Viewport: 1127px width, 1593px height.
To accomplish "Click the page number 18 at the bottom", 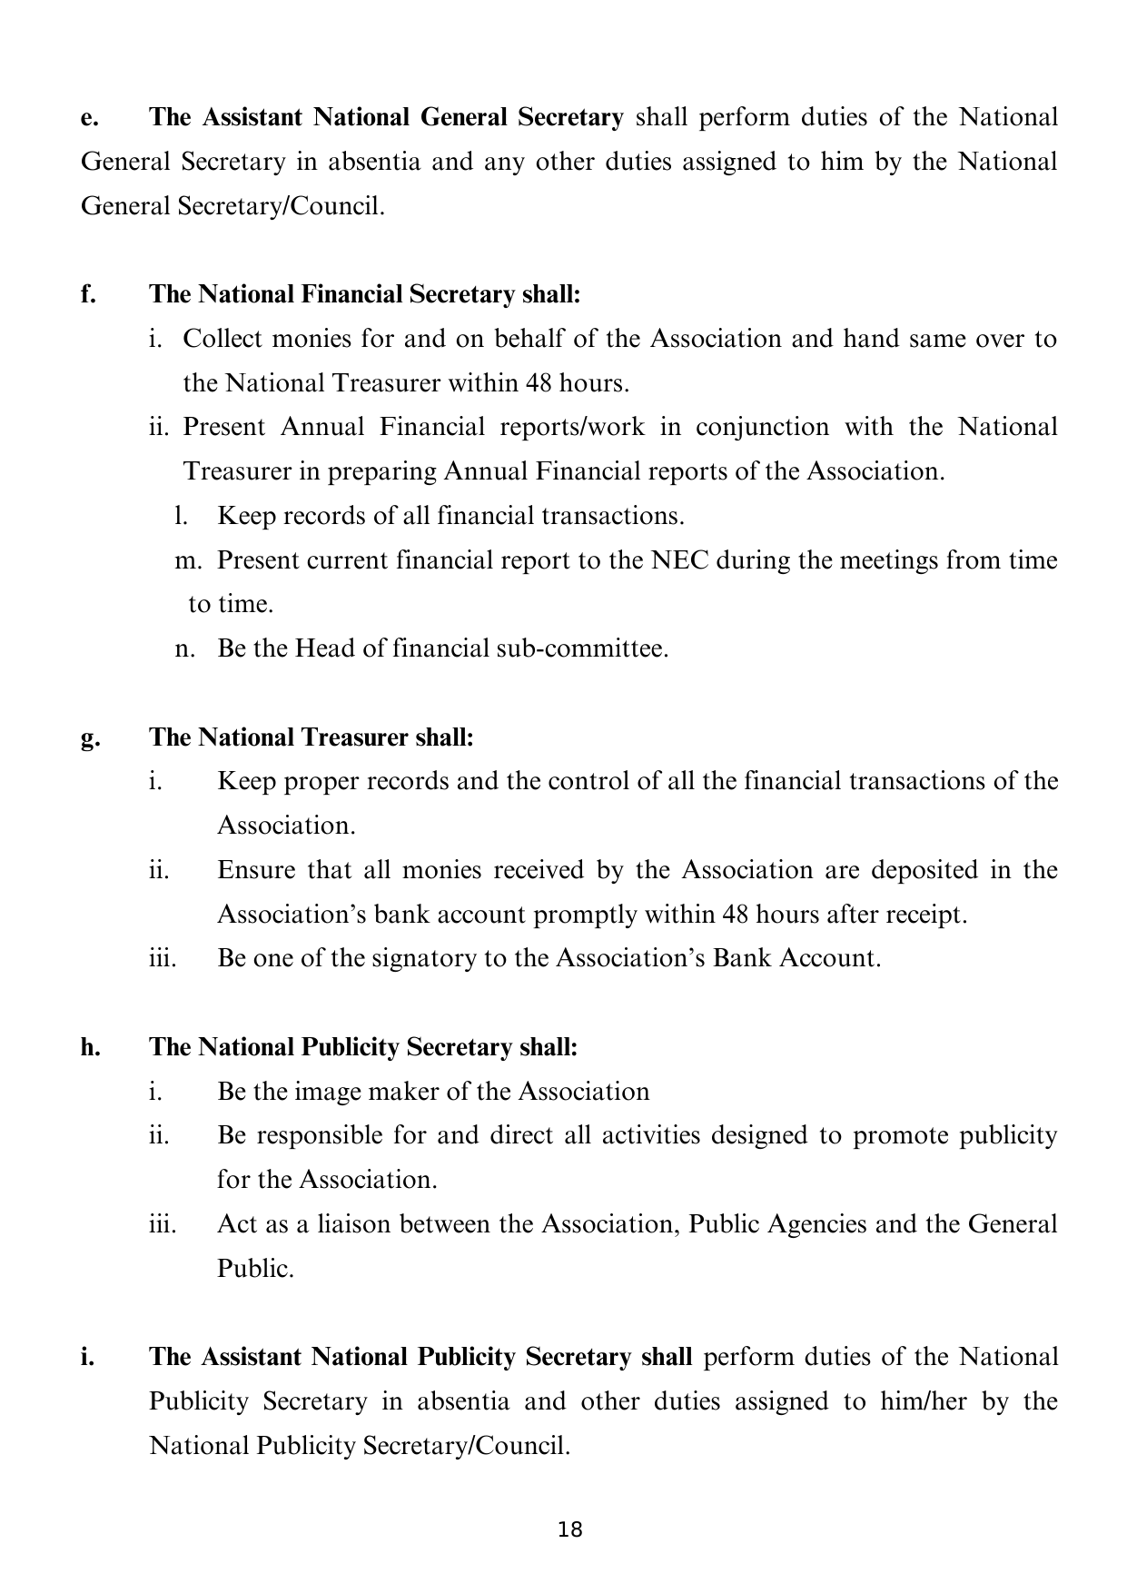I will tap(570, 1529).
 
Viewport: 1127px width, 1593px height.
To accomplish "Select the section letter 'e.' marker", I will tap(89, 118).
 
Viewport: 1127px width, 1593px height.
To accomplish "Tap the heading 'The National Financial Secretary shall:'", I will tap(364, 294).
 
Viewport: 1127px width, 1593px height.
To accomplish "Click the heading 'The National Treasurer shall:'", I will tap(311, 737).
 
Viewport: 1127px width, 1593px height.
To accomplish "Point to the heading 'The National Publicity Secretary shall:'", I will tap(363, 1047).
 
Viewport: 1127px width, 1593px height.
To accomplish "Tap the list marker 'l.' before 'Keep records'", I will tap(181, 517).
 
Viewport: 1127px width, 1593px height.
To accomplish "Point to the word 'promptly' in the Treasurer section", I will tap(585, 915).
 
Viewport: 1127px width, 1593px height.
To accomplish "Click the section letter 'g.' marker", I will tap(90, 737).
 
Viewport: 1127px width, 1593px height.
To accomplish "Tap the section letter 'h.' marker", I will tap(90, 1047).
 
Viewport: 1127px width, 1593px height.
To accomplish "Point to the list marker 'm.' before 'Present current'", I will tap(187, 560).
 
